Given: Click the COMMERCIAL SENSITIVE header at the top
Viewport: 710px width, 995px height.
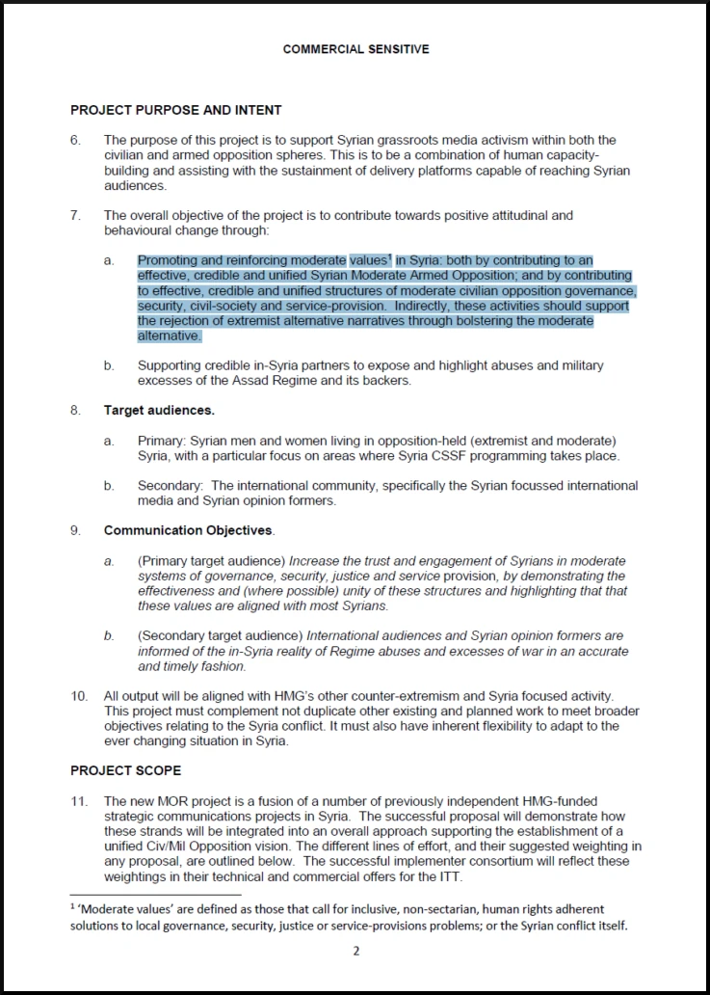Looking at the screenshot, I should pyautogui.click(x=355, y=49).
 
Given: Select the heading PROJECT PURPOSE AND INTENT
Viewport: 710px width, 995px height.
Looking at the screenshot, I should pyautogui.click(x=175, y=110).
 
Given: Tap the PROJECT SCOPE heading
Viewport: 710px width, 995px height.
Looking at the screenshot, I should pyautogui.click(x=125, y=770).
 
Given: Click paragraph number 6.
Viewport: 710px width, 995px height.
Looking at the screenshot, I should pyautogui.click(x=75, y=140).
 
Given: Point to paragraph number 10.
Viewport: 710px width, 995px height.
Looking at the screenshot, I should pyautogui.click(x=78, y=695).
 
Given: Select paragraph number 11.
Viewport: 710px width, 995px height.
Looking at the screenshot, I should pyautogui.click(x=78, y=801).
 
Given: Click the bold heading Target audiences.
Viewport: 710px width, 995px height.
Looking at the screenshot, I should pyautogui.click(x=159, y=410).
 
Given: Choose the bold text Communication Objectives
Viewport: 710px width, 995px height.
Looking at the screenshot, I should pyautogui.click(x=189, y=530).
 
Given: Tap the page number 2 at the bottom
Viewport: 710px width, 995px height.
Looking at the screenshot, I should pyautogui.click(x=355, y=950).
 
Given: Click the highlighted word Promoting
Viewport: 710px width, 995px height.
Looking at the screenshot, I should pyautogui.click(x=168, y=260).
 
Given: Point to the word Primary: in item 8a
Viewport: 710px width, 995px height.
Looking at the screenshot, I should pyautogui.click(x=164, y=441).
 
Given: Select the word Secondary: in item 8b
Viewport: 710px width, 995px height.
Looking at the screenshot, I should pyautogui.click(x=171, y=486).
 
